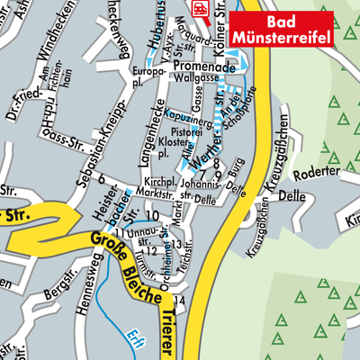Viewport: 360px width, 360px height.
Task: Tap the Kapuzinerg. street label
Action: click(193, 119)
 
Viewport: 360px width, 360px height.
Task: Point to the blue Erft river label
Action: click(136, 331)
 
